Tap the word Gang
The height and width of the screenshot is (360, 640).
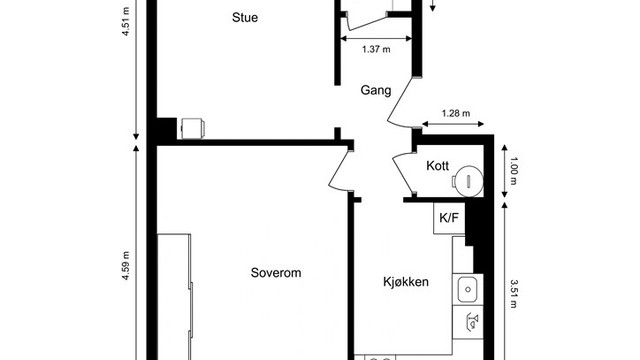click(x=376, y=90)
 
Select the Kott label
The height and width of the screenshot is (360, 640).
click(x=437, y=167)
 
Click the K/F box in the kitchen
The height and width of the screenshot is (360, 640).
click(x=445, y=216)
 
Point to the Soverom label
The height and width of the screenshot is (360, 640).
click(x=276, y=272)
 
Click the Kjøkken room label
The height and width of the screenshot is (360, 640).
click(x=406, y=282)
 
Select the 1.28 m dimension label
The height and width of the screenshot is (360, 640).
click(x=456, y=113)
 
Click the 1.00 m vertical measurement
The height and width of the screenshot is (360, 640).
click(x=513, y=175)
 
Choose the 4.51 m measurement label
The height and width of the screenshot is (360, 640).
click(x=126, y=21)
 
